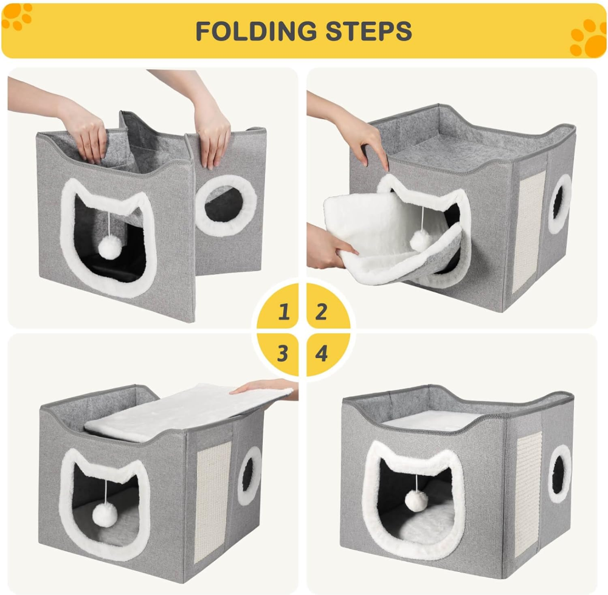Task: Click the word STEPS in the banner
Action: pos(368,31)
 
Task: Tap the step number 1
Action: pos(284,312)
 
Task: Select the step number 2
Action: pos(321,312)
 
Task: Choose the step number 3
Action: pos(283,353)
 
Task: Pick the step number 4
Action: pos(322,353)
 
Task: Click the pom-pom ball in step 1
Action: pos(110,247)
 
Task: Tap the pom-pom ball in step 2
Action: pos(421,240)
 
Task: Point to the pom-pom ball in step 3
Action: pos(105,514)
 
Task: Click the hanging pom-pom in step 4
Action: pos(416,501)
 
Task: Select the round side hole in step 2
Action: pos(559,204)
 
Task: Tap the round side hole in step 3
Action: pos(249,476)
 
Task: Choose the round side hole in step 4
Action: pos(559,473)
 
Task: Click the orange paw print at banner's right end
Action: pos(588,38)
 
